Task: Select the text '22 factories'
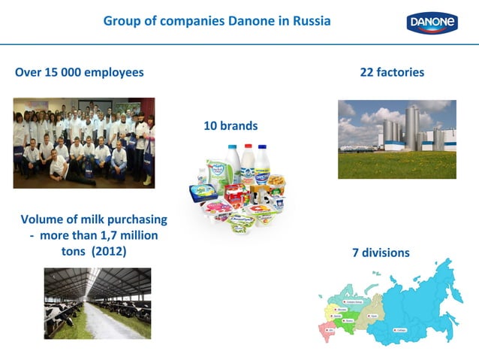click(x=392, y=72)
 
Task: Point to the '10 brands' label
click(x=230, y=126)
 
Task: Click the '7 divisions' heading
click(x=381, y=253)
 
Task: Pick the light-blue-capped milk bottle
click(x=233, y=164)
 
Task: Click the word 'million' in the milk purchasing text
click(x=135, y=235)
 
